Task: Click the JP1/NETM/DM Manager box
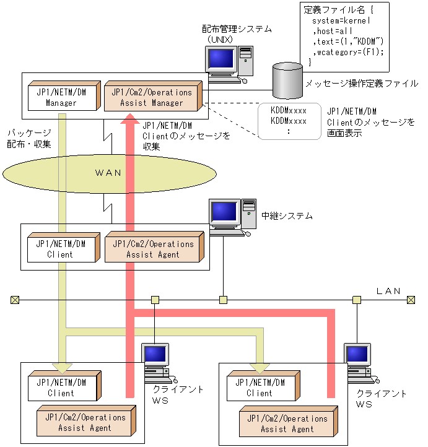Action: coord(61,97)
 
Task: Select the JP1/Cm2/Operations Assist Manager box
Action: coord(152,97)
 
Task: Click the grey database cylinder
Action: coord(288,80)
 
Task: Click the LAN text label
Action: coord(388,290)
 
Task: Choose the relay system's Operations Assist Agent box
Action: coord(152,249)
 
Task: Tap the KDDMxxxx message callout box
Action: coord(289,121)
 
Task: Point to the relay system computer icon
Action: coord(232,217)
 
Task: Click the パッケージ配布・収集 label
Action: coord(29,139)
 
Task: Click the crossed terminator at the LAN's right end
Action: coord(410,300)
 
